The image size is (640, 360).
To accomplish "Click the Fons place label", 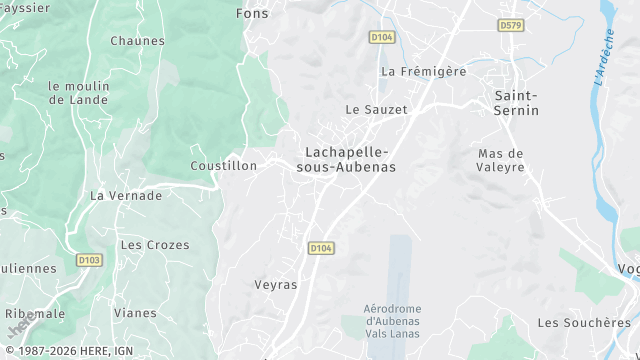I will click(x=252, y=13).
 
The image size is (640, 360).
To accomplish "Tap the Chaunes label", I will click(x=137, y=41).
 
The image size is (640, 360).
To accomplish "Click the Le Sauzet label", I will click(x=376, y=109).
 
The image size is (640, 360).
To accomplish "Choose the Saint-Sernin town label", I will click(x=516, y=102).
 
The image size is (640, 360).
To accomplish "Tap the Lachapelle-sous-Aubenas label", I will click(x=346, y=159).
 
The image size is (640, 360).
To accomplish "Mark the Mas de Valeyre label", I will click(x=501, y=160).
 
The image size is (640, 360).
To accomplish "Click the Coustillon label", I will click(x=223, y=165).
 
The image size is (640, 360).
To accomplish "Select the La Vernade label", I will click(x=126, y=195).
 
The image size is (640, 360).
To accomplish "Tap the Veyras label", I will click(x=275, y=285).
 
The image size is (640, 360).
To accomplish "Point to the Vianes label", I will click(x=135, y=313).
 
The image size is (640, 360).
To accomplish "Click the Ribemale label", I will click(x=35, y=313).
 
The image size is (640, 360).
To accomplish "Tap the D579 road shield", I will click(x=510, y=25).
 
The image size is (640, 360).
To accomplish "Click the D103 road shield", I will click(x=89, y=260).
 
